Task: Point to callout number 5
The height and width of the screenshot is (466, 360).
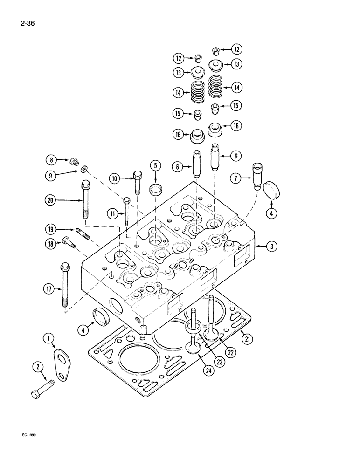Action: click(156, 165)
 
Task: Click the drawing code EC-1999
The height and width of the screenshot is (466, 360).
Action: click(29, 434)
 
